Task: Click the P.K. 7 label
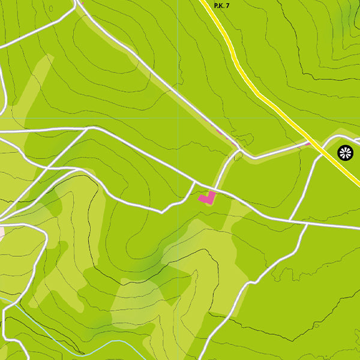[x=222, y=5]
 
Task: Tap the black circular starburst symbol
[x=346, y=152]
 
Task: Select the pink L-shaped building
[x=207, y=197]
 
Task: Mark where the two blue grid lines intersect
[x=178, y=118]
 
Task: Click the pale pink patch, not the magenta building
[x=1, y=232]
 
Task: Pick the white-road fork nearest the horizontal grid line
[x=89, y=128]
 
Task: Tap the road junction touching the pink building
[x=214, y=190]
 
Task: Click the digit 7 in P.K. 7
[x=228, y=5]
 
